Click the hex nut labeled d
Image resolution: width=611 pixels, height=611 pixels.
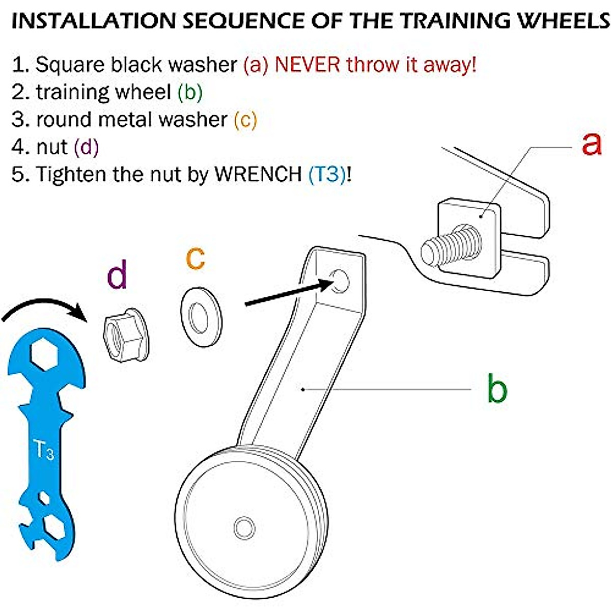point(126,335)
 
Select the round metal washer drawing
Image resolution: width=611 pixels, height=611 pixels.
point(201,317)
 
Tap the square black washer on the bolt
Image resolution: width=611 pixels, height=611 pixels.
point(469,238)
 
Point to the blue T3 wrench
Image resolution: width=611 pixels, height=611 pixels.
point(46,444)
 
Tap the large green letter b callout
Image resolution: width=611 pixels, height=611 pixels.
point(497,388)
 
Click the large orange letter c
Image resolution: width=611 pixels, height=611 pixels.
point(196,259)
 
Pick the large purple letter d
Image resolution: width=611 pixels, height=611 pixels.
point(117,274)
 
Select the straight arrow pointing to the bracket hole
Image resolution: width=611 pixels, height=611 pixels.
point(289,294)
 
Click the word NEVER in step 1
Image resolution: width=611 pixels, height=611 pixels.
point(308,65)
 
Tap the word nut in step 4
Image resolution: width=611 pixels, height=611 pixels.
point(52,147)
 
